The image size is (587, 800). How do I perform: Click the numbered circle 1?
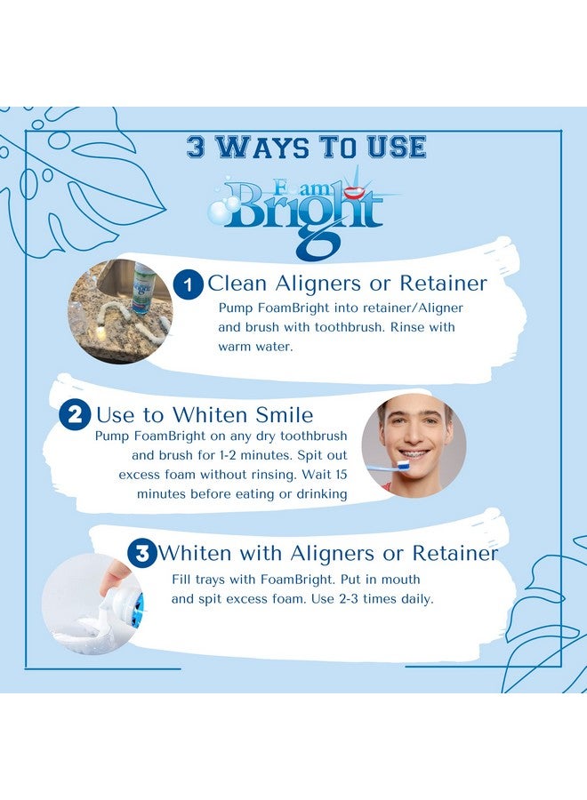188,285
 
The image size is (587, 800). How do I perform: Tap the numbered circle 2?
75,415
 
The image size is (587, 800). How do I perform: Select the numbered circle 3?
141,553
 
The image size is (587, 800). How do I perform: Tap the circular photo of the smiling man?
414,444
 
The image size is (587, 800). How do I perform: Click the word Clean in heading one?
241,284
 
